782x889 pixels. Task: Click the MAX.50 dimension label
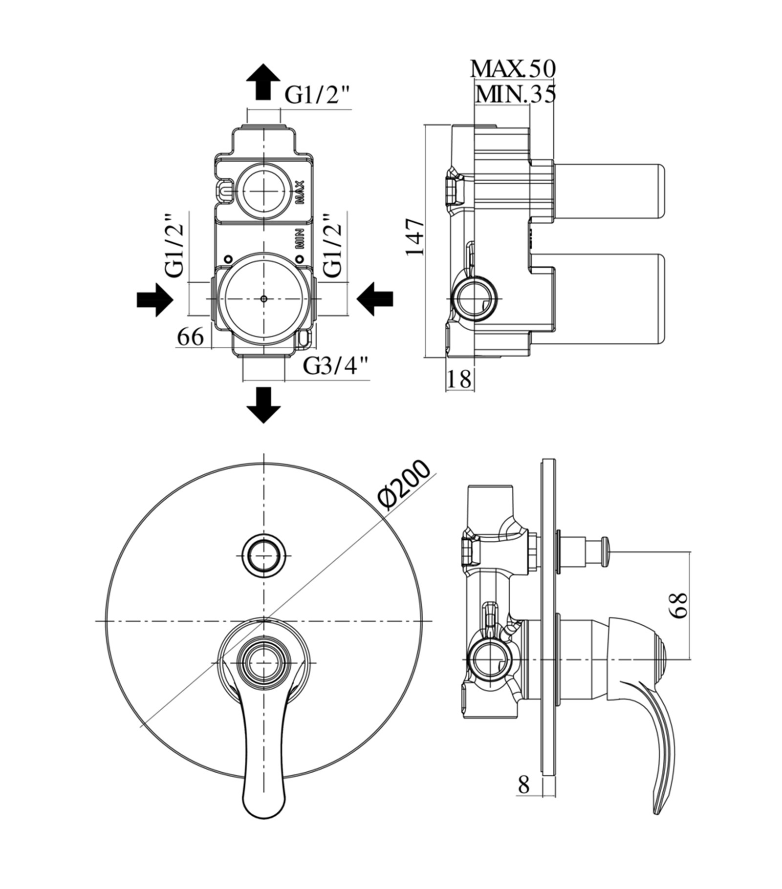(x=513, y=69)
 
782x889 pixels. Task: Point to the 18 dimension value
(x=459, y=379)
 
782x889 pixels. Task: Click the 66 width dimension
(x=190, y=337)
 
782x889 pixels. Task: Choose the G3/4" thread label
(x=336, y=365)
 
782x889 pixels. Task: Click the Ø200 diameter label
(x=405, y=485)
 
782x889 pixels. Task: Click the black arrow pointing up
(x=263, y=82)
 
